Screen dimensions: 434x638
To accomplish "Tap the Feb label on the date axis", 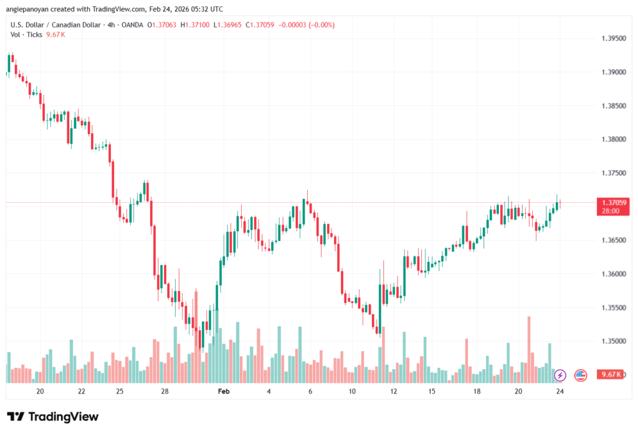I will click(x=224, y=391).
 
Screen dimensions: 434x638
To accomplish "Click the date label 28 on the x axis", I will click(x=164, y=391).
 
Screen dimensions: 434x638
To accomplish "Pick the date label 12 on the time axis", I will click(x=394, y=391).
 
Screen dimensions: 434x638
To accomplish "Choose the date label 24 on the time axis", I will click(x=560, y=391).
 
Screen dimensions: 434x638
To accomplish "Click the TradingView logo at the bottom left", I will click(x=53, y=417).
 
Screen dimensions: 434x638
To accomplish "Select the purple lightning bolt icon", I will click(x=559, y=375).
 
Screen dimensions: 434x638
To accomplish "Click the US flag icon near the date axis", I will click(x=581, y=375).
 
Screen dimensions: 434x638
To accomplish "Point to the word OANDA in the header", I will click(x=130, y=25).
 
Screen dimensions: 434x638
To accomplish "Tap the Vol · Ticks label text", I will click(x=27, y=34).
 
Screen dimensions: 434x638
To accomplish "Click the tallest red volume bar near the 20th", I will click(x=529, y=349).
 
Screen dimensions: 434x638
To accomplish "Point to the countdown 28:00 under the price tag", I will click(x=611, y=211).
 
